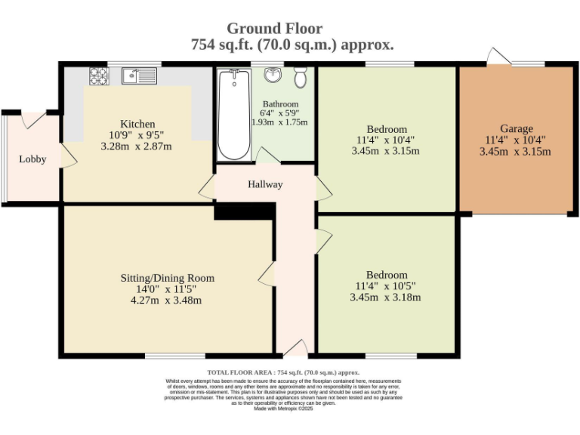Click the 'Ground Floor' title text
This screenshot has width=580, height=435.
pyautogui.click(x=274, y=29)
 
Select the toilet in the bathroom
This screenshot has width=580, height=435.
pyautogui.click(x=301, y=77)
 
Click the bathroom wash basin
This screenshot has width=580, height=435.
pyautogui.click(x=271, y=76)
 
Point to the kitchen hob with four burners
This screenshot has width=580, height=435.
pyautogui.click(x=100, y=76)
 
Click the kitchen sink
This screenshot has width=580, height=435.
pyautogui.click(x=138, y=76)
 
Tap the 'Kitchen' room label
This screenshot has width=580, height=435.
pyautogui.click(x=137, y=124)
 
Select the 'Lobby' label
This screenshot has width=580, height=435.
pyautogui.click(x=32, y=159)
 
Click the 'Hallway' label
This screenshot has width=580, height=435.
pyautogui.click(x=265, y=184)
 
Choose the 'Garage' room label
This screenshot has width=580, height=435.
pyautogui.click(x=516, y=128)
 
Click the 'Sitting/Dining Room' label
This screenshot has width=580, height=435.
pyautogui.click(x=167, y=278)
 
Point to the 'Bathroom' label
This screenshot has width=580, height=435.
pyautogui.click(x=280, y=104)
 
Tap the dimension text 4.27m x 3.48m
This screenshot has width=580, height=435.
pyautogui.click(x=166, y=301)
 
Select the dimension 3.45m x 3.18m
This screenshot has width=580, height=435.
pyautogui.click(x=385, y=298)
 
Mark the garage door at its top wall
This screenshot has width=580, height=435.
pyautogui.click(x=499, y=58)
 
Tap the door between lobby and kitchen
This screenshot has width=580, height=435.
pyautogui.click(x=67, y=157)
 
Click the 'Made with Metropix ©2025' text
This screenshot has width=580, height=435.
pyautogui.click(x=283, y=409)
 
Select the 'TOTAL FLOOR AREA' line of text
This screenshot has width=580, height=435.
pyautogui.click(x=283, y=372)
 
